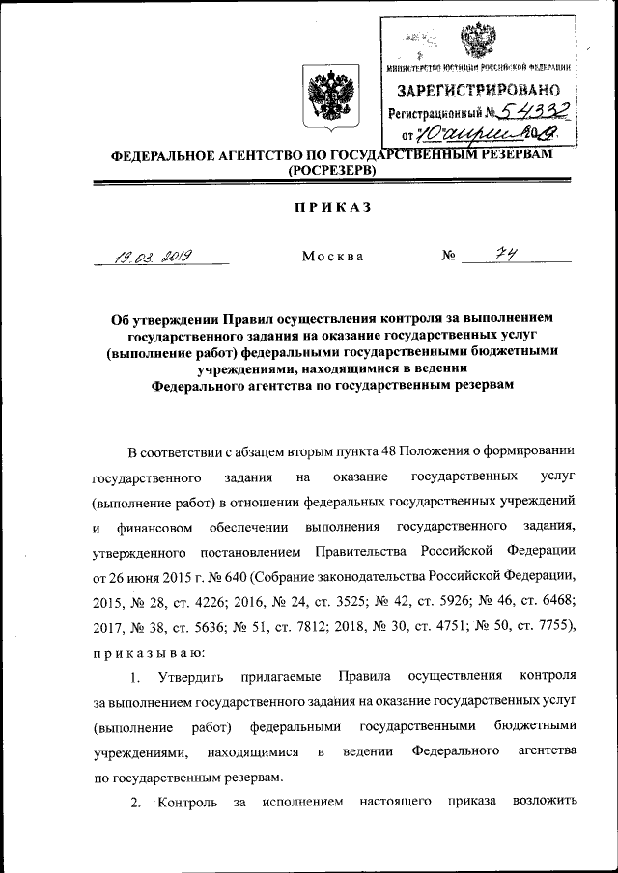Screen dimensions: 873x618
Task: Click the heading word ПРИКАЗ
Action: pyautogui.click(x=323, y=205)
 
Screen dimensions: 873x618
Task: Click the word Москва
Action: pyautogui.click(x=332, y=257)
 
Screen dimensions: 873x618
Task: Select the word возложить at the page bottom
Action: pyautogui.click(x=547, y=802)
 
